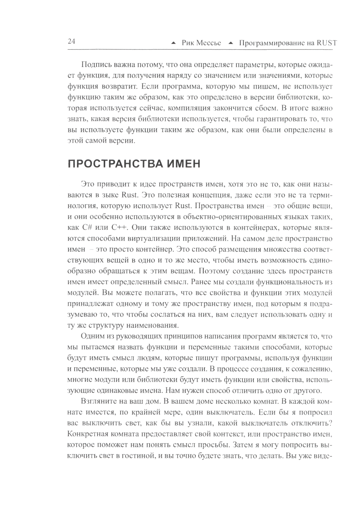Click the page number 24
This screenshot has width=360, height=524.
click(71, 41)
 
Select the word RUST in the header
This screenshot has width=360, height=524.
click(327, 44)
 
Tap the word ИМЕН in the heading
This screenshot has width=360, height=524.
click(183, 164)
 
